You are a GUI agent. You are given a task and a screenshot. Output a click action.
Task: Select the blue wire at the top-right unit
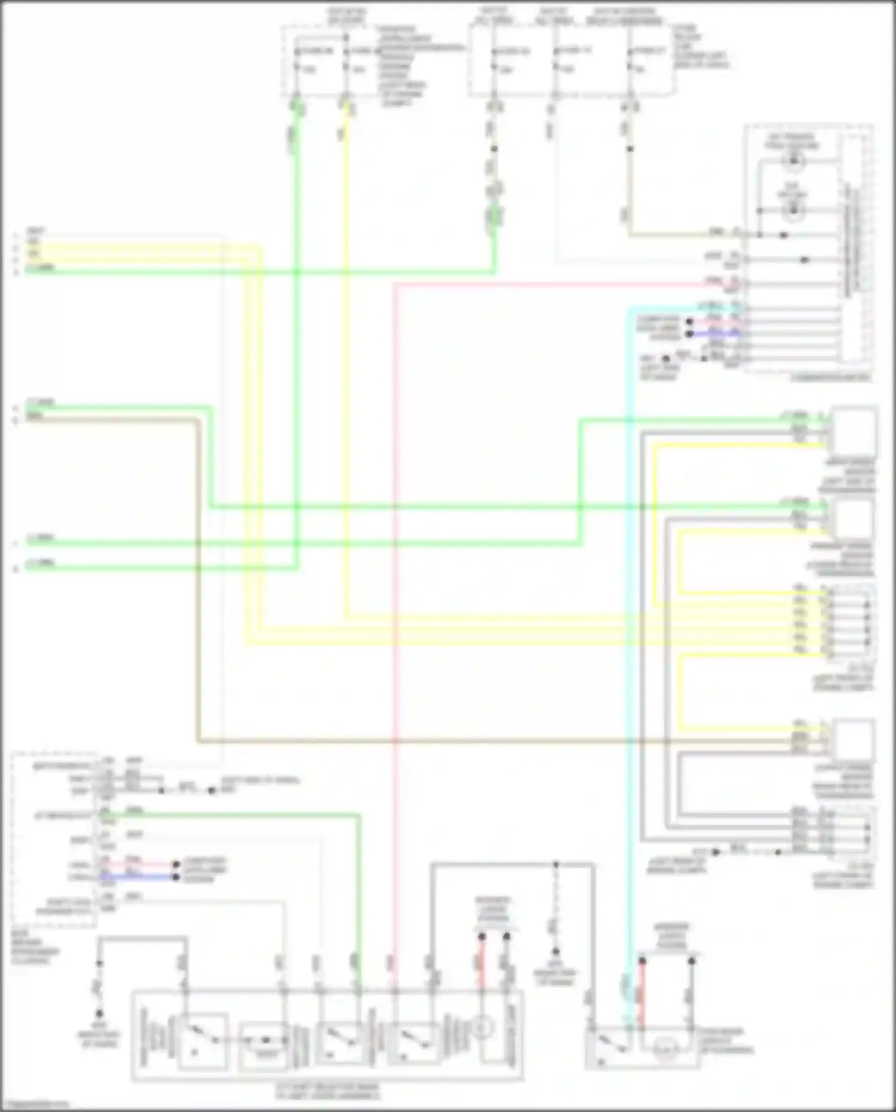[714, 334]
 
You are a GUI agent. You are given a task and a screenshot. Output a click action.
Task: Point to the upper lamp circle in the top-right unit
[793, 160]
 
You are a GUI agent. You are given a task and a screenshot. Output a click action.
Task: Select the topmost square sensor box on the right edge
[854, 429]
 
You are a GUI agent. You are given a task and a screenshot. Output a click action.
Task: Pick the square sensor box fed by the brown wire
[854, 739]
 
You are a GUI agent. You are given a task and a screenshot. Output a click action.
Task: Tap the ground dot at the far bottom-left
[100, 1013]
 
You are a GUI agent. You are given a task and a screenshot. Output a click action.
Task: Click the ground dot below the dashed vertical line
[556, 951]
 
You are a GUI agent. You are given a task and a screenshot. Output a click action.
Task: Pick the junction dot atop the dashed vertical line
[556, 864]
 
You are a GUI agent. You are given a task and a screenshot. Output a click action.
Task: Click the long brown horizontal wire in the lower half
[478, 742]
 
